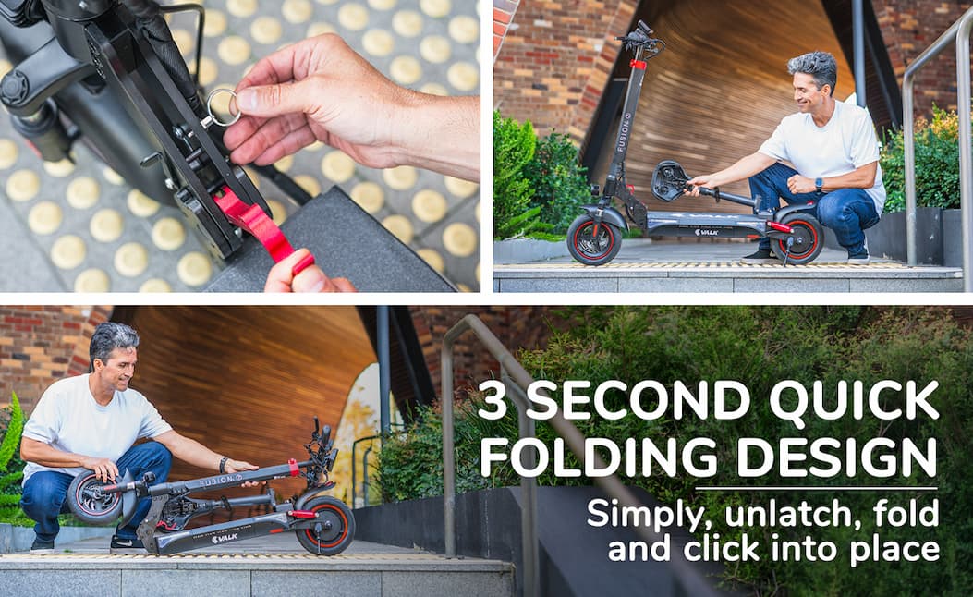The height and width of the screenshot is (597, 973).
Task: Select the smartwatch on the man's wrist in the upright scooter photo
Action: [x=818, y=184]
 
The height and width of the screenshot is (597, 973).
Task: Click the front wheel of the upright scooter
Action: [x=594, y=239]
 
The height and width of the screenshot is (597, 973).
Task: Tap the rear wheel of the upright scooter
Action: [x=797, y=238]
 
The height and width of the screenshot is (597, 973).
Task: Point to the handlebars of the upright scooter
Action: [x=639, y=38]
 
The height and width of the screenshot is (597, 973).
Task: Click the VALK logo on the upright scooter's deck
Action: [x=706, y=233]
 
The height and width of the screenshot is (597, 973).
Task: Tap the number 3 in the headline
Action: [x=494, y=400]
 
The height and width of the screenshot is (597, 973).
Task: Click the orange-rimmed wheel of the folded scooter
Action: [x=325, y=526]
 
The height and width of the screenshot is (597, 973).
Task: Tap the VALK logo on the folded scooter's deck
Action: [x=224, y=538]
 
